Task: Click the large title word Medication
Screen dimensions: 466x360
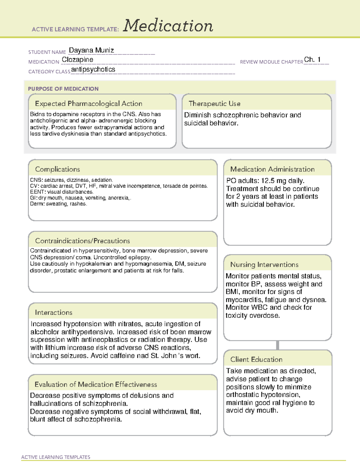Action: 168,26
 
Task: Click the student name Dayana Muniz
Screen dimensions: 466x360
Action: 91,50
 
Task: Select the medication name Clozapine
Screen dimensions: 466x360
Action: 77,60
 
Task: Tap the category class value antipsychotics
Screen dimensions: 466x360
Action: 93,69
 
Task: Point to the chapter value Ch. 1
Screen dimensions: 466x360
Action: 312,59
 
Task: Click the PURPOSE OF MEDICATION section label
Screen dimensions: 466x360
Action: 63,89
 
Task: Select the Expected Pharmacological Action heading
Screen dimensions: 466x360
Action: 88,104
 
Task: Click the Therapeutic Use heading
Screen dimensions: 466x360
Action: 214,104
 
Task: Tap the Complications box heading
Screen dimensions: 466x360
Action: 57,169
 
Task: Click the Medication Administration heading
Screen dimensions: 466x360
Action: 272,169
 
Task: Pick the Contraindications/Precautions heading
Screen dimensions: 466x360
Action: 82,241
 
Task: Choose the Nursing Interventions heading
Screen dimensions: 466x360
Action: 264,264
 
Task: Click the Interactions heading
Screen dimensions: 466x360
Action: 53,312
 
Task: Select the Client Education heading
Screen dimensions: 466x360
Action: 256,359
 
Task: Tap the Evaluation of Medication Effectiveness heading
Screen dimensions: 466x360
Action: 96,384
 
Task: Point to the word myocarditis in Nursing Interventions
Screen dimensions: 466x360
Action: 244,300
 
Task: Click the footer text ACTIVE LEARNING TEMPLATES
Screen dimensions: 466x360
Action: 55,457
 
